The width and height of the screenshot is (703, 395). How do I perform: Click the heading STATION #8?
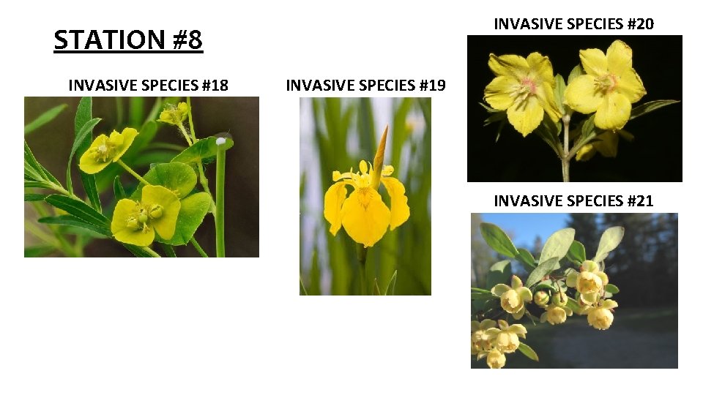(128, 39)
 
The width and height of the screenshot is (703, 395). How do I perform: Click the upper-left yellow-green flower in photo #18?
(107, 148)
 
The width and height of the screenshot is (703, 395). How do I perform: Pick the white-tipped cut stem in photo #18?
(220, 194)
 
